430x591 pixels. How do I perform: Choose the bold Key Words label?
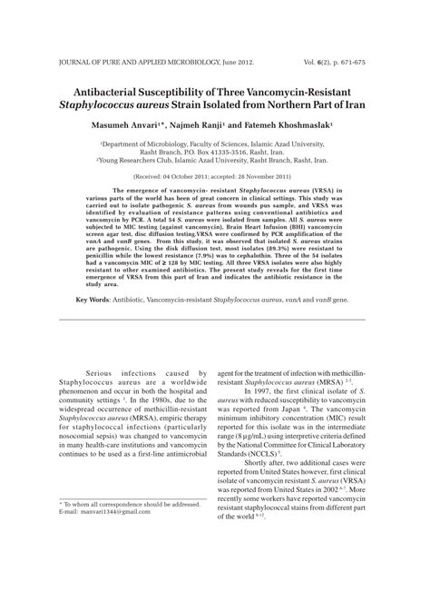click(x=93, y=324)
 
